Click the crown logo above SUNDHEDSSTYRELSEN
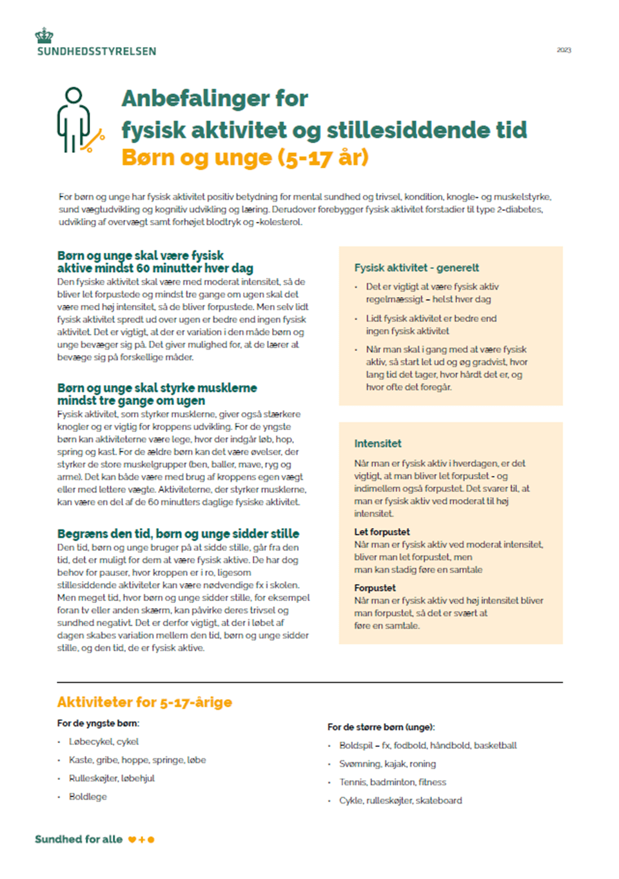point(44,35)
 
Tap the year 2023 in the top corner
point(564,50)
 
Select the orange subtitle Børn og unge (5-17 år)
point(245,157)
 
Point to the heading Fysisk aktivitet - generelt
point(417,268)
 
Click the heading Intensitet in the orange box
point(378,444)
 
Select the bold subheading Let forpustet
point(382,532)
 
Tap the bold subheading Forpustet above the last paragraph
point(375,588)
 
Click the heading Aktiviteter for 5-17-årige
point(144,702)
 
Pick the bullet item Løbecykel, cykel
point(104,742)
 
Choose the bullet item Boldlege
point(88,797)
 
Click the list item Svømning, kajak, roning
point(388,764)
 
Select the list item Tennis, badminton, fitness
point(393,782)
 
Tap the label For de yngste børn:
point(98,724)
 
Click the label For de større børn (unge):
point(381,727)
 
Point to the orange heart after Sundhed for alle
point(132,840)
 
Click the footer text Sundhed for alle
point(79,840)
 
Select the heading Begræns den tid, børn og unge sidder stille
point(178,534)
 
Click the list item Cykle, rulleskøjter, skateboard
point(400,801)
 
